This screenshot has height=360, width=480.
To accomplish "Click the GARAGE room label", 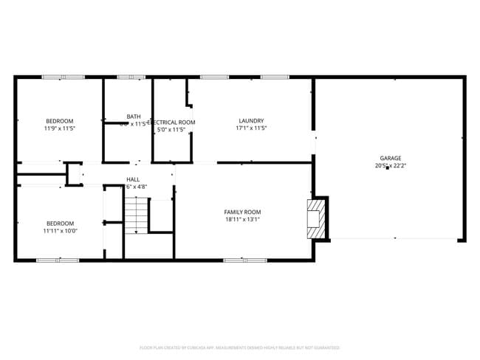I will [390, 158].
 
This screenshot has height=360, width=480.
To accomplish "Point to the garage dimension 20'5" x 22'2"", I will [390, 166].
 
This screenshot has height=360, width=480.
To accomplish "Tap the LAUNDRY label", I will [251, 121].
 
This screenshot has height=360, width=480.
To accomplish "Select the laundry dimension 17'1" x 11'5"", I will [251, 128].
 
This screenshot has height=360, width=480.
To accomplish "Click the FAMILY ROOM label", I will [243, 212].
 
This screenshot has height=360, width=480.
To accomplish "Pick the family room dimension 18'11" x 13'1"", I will [243, 219].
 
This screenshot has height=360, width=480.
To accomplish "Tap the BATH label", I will [133, 116].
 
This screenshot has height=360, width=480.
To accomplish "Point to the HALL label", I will [133, 179].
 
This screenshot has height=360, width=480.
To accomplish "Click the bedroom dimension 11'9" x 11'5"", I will [60, 128].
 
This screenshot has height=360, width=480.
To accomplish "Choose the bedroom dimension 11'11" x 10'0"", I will [60, 231].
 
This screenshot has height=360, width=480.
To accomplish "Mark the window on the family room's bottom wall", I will [245, 260].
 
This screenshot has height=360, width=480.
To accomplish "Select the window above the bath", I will [132, 77].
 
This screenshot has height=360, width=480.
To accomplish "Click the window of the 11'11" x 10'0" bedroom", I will [58, 260].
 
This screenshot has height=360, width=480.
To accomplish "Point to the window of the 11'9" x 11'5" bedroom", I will [63, 77].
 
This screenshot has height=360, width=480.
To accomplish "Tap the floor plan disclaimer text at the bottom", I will [240, 347].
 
